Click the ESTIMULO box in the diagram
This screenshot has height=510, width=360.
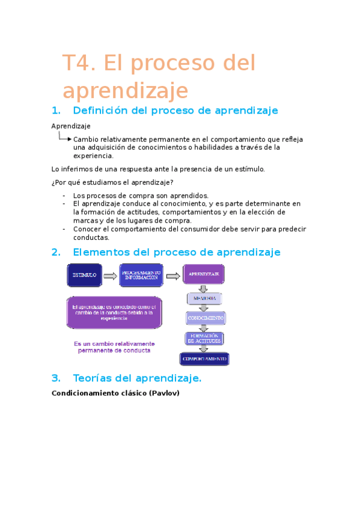tap(84, 275)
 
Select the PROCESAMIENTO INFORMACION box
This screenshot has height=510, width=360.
tap(140, 275)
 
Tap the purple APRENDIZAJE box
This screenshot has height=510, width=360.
tap(204, 275)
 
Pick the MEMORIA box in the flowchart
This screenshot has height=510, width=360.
tap(204, 299)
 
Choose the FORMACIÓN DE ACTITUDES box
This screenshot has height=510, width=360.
tap(204, 338)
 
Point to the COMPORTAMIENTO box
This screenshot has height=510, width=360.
tap(204, 359)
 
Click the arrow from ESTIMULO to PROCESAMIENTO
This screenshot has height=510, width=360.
tap(110, 276)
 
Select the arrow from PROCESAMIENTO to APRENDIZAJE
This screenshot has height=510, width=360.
tap(172, 276)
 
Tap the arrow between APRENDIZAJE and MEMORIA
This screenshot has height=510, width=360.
tap(204, 289)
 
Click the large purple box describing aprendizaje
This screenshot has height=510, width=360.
tap(114, 313)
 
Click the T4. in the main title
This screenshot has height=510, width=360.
tap(80, 63)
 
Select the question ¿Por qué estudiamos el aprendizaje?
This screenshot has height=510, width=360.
tap(112, 182)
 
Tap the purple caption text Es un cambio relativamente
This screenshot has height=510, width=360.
tap(114, 344)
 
